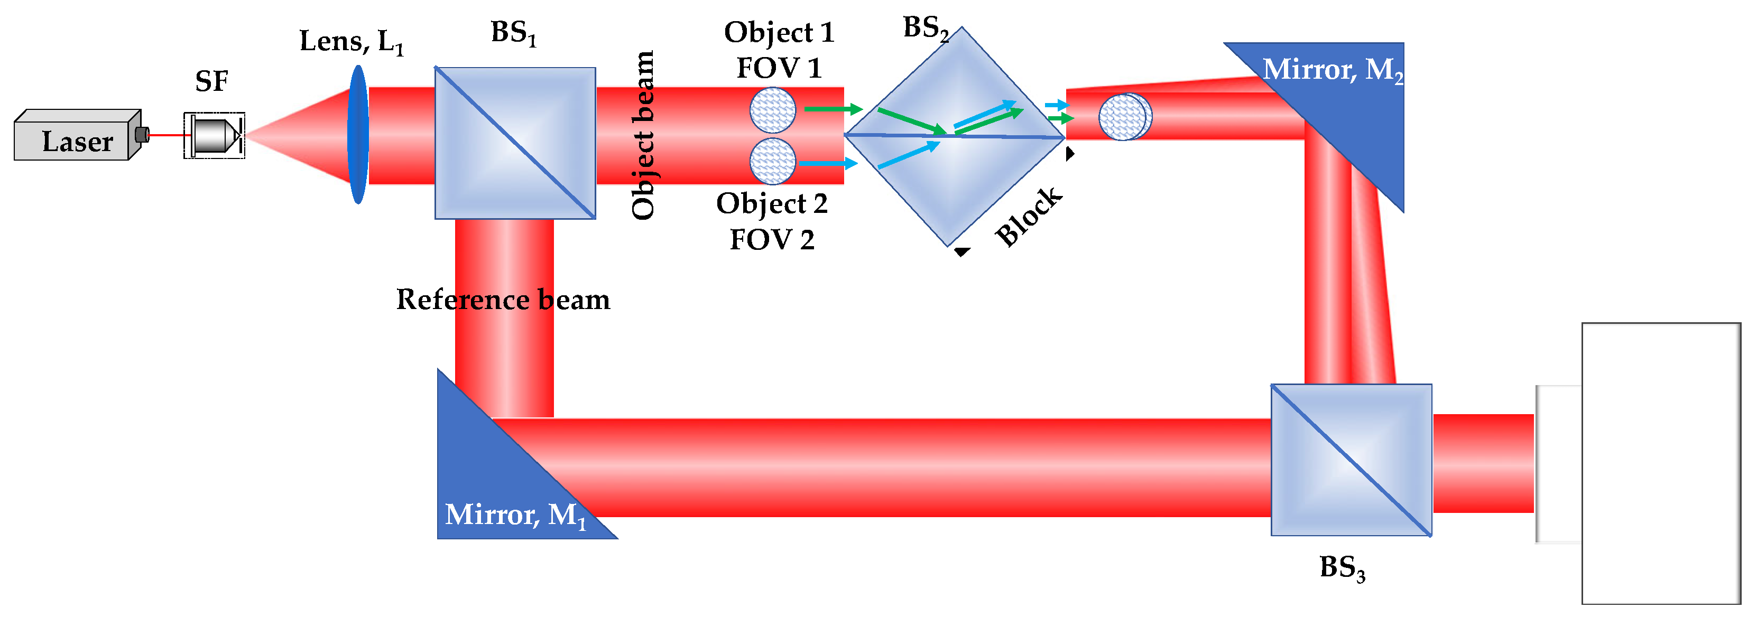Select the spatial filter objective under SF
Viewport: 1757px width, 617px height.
click(x=214, y=136)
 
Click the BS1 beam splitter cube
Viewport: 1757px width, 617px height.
click(x=515, y=143)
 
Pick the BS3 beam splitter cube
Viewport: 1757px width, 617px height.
click(x=1351, y=460)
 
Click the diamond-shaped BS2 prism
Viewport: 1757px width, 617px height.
click(x=955, y=136)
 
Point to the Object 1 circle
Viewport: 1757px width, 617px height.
click(x=772, y=110)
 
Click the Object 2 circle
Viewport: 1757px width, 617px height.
click(x=772, y=162)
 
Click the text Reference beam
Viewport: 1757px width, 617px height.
click(x=503, y=300)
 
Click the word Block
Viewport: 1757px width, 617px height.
click(x=1028, y=216)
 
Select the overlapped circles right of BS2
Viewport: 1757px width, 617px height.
click(x=1125, y=117)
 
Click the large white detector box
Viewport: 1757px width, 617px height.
click(x=1660, y=464)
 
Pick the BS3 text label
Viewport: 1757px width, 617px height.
click(x=1341, y=568)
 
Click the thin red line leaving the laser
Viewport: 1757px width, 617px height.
click(x=167, y=135)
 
